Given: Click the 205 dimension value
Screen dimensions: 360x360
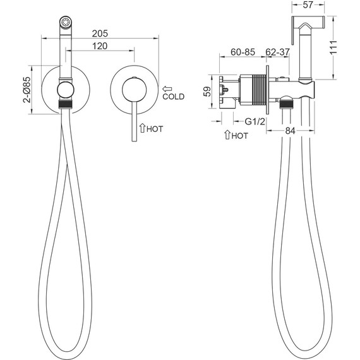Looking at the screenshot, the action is coord(100,33).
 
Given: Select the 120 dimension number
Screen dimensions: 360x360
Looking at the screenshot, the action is coord(100,46).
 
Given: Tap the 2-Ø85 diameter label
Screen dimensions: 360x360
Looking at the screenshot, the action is coord(27,90).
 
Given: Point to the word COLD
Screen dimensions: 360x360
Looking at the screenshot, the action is coord(173,97).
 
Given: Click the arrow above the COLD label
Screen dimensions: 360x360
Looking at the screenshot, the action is coord(167,88).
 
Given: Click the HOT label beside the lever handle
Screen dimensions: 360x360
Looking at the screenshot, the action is coord(155,129).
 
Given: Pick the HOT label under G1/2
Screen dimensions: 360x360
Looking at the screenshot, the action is coord(240,136).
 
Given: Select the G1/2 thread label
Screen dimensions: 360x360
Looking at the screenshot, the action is coord(255,121).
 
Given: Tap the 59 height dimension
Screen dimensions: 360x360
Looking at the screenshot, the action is coord(207,92).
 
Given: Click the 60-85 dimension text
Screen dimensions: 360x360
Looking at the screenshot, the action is coord(243,52).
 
